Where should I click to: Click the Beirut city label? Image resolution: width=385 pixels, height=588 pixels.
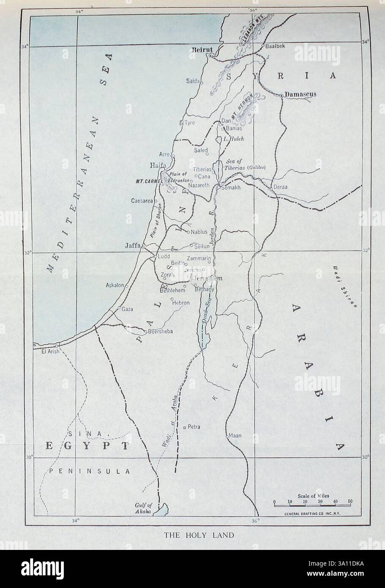tap(202, 50)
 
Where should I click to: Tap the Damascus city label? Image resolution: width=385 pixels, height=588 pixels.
tap(300, 94)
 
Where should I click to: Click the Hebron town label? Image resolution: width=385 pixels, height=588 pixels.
tap(180, 303)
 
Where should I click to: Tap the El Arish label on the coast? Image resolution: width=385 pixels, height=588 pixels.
tap(49, 351)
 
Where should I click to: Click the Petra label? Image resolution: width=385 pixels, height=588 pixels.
tap(194, 427)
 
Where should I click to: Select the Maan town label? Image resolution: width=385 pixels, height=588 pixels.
tap(235, 435)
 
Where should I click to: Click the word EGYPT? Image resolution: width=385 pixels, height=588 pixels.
tap(87, 447)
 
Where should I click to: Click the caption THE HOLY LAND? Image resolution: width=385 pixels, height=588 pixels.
tap(199, 535)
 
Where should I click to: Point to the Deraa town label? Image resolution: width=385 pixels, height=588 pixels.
tap(281, 187)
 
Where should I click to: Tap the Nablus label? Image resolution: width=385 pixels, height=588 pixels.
tap(199, 232)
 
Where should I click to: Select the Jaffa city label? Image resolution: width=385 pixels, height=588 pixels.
tap(132, 245)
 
